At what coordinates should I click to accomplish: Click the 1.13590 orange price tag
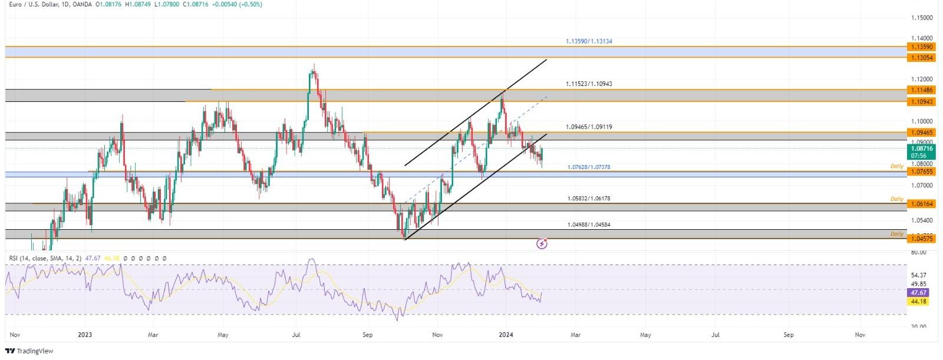pyautogui.click(x=921, y=47)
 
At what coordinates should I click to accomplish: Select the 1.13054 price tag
pyautogui.click(x=921, y=58)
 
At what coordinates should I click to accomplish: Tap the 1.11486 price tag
pyautogui.click(x=921, y=90)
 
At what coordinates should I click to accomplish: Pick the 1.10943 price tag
pyautogui.click(x=921, y=102)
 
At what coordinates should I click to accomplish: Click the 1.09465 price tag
pyautogui.click(x=921, y=133)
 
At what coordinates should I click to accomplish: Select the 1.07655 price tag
pyautogui.click(x=921, y=171)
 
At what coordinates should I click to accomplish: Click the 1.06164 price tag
pyautogui.click(x=921, y=204)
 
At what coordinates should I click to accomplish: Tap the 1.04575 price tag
pyautogui.click(x=921, y=239)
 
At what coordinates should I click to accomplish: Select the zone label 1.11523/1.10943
pyautogui.click(x=589, y=84)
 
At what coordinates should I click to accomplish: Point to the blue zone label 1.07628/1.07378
pyautogui.click(x=589, y=167)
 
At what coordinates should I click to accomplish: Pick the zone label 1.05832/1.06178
pyautogui.click(x=589, y=199)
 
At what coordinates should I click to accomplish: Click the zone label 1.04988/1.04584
pyautogui.click(x=589, y=225)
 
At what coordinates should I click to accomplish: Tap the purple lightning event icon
pyautogui.click(x=542, y=243)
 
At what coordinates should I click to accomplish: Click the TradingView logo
pyautogui.click(x=29, y=351)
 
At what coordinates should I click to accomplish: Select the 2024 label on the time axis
pyautogui.click(x=506, y=335)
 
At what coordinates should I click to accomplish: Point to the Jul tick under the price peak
pyautogui.click(x=296, y=335)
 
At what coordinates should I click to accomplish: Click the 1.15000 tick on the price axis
pyautogui.click(x=921, y=18)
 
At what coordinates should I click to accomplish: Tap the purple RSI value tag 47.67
pyautogui.click(x=919, y=292)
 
